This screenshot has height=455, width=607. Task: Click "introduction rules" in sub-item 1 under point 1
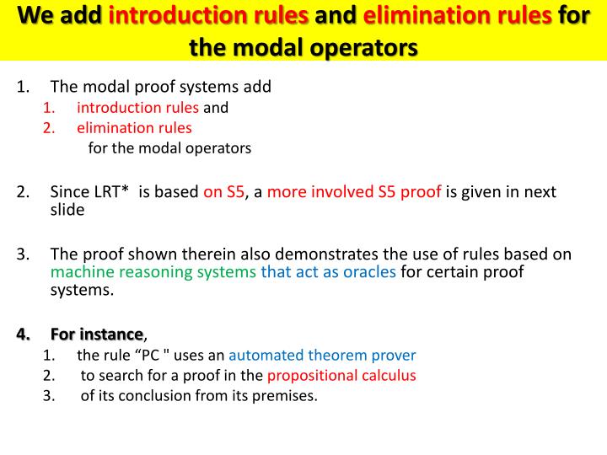coord(137,107)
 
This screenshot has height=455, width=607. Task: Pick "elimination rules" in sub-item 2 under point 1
coord(134,128)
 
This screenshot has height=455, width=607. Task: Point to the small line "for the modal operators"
coord(169,148)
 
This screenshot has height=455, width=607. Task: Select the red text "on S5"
coord(223,191)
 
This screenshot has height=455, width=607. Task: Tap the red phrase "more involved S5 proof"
coord(354,191)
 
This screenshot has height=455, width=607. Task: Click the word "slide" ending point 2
coord(67,210)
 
